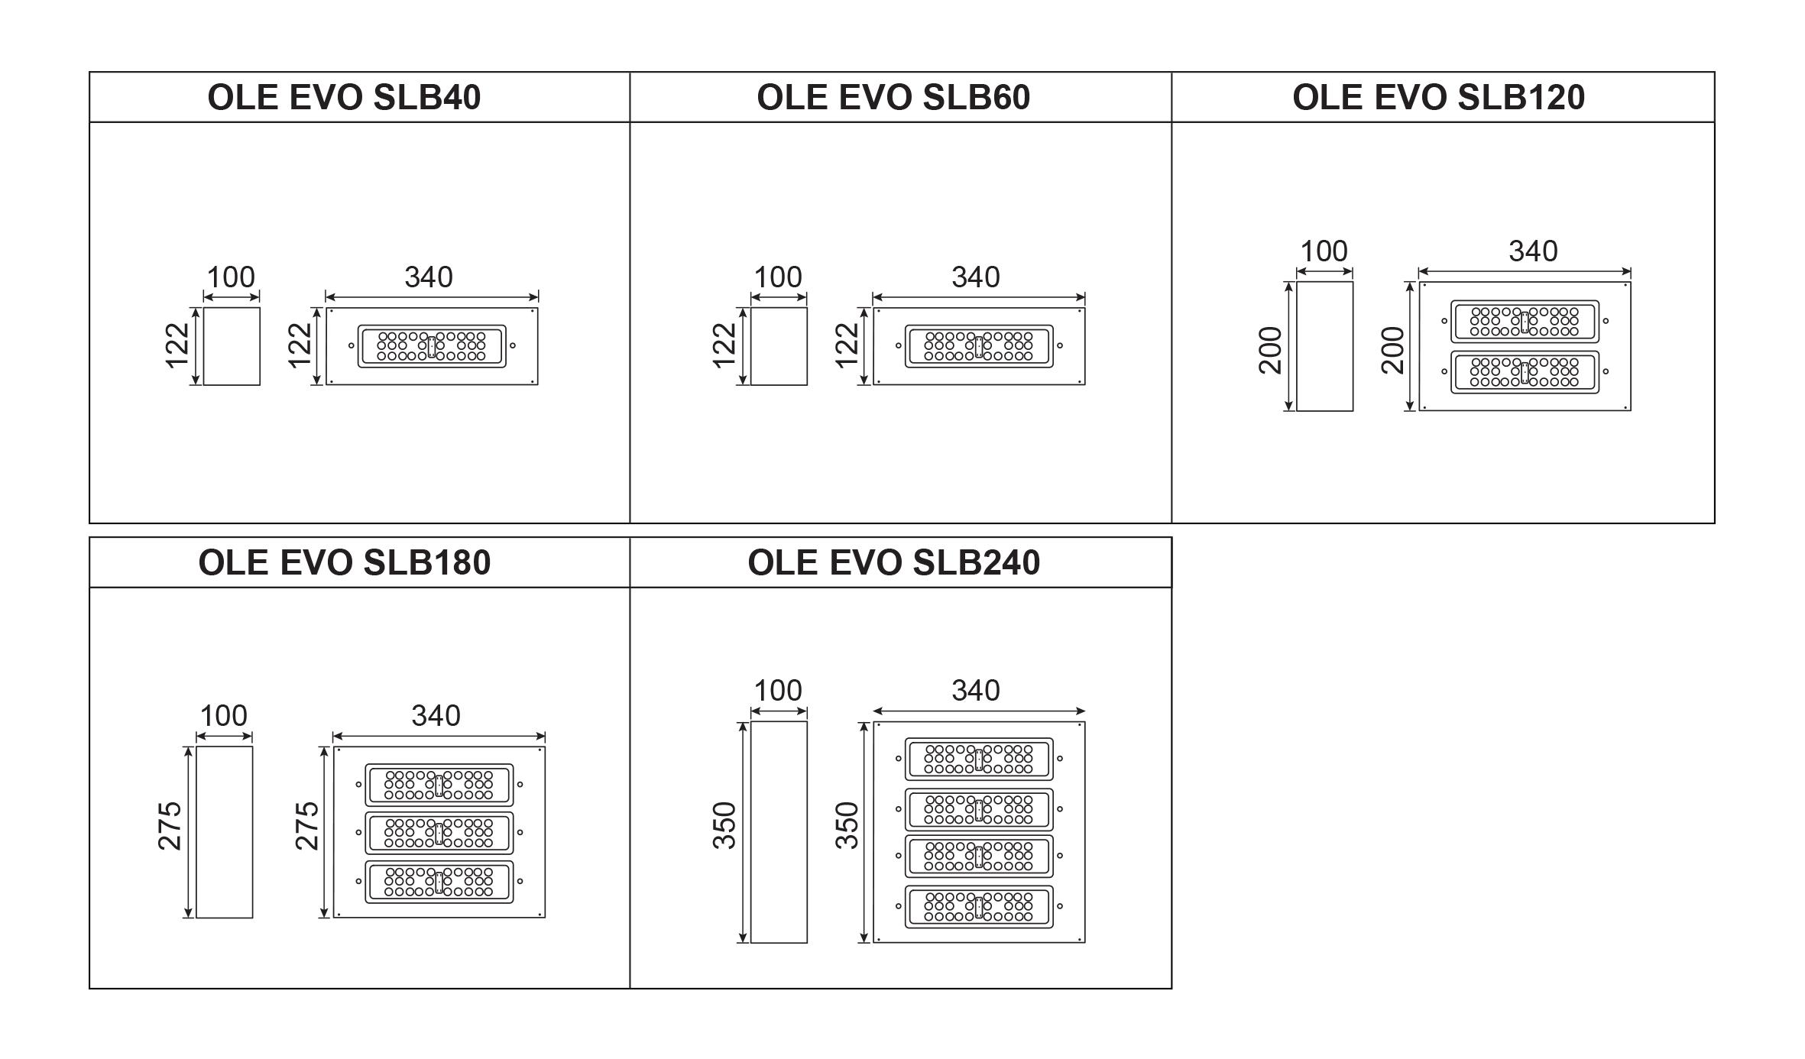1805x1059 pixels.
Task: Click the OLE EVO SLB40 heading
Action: pyautogui.click(x=344, y=98)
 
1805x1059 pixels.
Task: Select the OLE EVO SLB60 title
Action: pyautogui.click(x=893, y=98)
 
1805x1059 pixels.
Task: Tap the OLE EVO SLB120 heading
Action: pyautogui.click(x=1438, y=98)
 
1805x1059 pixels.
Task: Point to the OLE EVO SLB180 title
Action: pyautogui.click(x=344, y=563)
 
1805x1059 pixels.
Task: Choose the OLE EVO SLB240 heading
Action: pyautogui.click(x=893, y=563)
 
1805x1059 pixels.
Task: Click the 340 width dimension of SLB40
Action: pyautogui.click(x=429, y=277)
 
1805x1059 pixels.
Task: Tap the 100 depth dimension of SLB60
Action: pyautogui.click(x=778, y=277)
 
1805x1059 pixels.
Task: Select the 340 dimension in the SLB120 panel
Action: pyautogui.click(x=1533, y=251)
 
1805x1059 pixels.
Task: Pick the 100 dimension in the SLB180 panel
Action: pyautogui.click(x=223, y=716)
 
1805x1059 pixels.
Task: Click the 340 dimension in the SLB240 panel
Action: pyautogui.click(x=976, y=691)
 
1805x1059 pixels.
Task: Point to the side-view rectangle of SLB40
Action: pyautogui.click(x=232, y=346)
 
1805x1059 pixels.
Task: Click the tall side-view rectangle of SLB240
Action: pyautogui.click(x=779, y=832)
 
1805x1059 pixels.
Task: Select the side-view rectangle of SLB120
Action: pyautogui.click(x=1324, y=346)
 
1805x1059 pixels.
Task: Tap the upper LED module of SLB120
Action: pyautogui.click(x=1525, y=322)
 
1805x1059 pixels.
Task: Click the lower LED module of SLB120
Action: pyautogui.click(x=1525, y=372)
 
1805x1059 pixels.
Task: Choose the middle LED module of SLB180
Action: pyautogui.click(x=439, y=833)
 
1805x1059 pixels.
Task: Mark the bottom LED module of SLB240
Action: pyautogui.click(x=979, y=907)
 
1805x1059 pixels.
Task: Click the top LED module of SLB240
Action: pyautogui.click(x=979, y=759)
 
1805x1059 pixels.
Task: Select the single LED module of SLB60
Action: pyautogui.click(x=979, y=346)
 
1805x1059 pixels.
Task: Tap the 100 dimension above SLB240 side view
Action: pyautogui.click(x=778, y=691)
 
